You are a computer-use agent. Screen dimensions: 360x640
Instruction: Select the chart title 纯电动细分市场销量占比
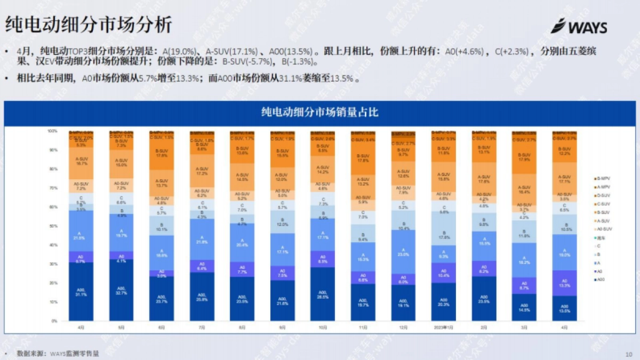pos(320,112)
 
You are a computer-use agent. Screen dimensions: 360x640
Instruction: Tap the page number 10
pos(628,354)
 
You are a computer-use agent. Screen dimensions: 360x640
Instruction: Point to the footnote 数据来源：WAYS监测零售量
pos(58,353)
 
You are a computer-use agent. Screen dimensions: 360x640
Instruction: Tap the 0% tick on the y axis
pos(53,321)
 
